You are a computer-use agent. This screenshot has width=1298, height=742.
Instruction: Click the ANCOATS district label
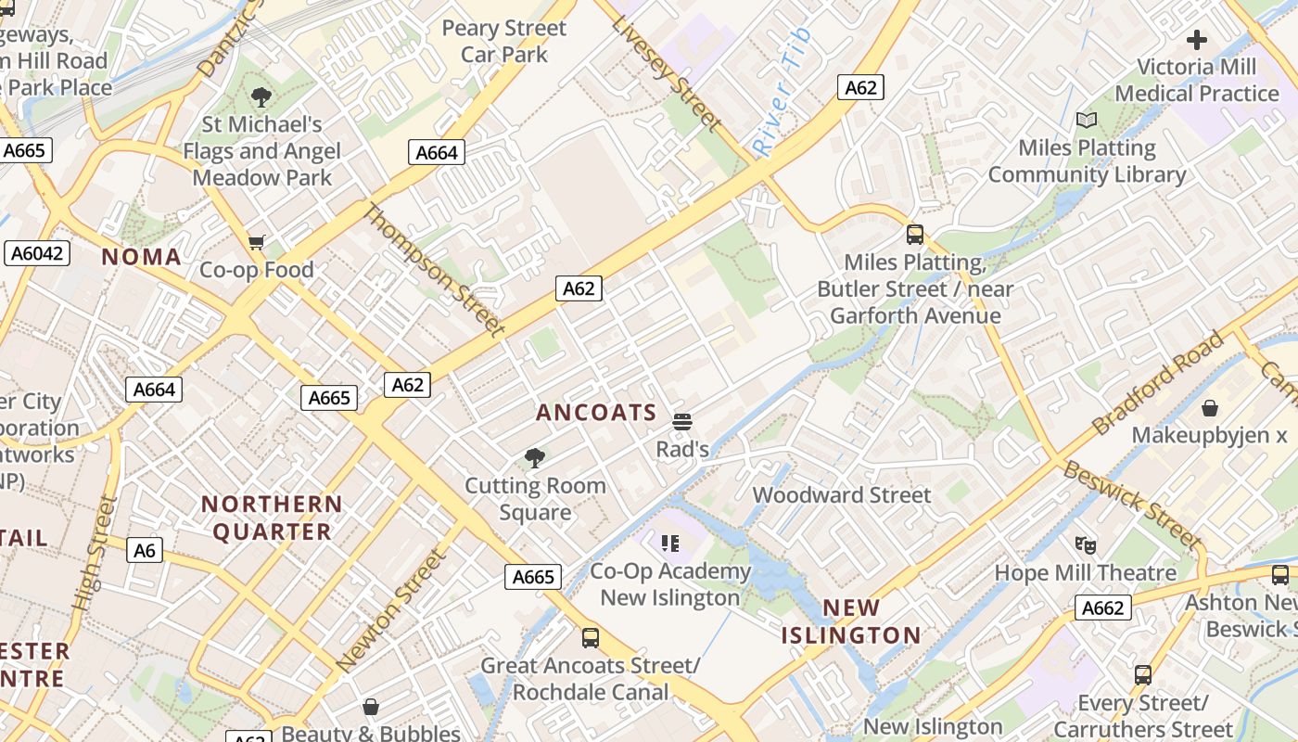[x=596, y=413]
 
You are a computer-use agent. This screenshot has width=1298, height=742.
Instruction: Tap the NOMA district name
[x=141, y=257]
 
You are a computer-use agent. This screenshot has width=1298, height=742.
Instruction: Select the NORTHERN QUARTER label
[x=272, y=518]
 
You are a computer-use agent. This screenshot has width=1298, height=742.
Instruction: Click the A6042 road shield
[x=37, y=253]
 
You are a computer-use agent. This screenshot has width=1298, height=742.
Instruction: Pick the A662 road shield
[x=1102, y=608]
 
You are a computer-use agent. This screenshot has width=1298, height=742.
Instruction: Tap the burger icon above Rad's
[x=682, y=423]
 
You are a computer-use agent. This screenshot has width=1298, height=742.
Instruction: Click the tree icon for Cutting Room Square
[x=534, y=457]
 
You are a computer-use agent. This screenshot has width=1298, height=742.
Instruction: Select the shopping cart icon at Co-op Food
[x=257, y=243]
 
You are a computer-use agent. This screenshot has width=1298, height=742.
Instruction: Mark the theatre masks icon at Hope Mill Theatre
[x=1085, y=545]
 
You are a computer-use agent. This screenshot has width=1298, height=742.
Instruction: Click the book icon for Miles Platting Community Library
[x=1087, y=121]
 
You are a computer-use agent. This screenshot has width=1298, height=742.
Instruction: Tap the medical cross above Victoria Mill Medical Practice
[x=1197, y=40]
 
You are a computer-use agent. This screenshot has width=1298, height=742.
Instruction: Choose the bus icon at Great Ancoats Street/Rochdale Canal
[x=590, y=638]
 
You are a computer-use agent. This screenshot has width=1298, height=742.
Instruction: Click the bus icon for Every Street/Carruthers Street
[x=1143, y=675]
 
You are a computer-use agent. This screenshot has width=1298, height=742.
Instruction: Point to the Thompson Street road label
[x=434, y=269]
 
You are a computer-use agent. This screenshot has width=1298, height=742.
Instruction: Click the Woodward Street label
[x=841, y=494]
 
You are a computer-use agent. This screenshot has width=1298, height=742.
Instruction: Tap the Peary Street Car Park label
[x=503, y=41]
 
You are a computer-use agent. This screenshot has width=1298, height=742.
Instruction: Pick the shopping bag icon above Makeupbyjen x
[x=1209, y=408]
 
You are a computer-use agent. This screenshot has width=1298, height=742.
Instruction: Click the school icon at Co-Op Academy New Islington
[x=669, y=544]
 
